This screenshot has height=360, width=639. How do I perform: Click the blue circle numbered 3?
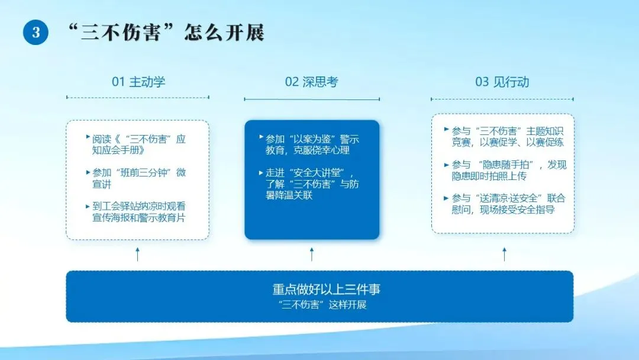click(x=35, y=32)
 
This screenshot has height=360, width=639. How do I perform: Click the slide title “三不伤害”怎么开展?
click(x=166, y=33)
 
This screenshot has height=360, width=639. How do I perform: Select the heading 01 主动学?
click(x=138, y=82)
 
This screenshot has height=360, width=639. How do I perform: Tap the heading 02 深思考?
click(x=312, y=82)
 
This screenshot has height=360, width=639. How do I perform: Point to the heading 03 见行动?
click(x=502, y=82)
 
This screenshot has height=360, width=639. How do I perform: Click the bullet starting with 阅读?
click(x=136, y=144)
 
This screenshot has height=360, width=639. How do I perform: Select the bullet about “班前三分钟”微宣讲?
click(x=136, y=178)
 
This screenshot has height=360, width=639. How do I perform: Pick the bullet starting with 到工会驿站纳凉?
click(x=136, y=212)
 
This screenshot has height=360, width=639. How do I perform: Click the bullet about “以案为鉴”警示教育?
click(x=309, y=144)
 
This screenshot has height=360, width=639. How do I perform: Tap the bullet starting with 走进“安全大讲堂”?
click(x=309, y=184)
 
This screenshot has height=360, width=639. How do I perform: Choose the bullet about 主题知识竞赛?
click(x=504, y=137)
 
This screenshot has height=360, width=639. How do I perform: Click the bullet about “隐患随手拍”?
click(x=505, y=170)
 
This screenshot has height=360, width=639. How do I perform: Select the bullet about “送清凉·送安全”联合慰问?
click(x=505, y=204)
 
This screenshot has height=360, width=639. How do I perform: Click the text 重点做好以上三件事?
click(x=326, y=290)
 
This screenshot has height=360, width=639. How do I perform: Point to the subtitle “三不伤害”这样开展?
click(x=323, y=304)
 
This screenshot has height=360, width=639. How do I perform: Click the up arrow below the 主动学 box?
click(x=137, y=254)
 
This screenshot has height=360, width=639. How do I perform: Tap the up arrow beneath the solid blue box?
click(x=312, y=254)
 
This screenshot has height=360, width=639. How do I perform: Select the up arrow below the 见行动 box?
click(x=504, y=254)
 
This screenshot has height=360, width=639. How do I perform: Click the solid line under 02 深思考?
click(x=312, y=99)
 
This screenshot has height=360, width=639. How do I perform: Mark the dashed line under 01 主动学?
click(x=138, y=98)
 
